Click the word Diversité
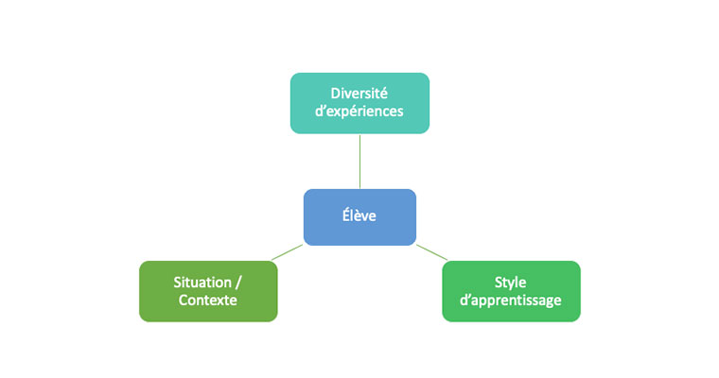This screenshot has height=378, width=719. (360, 93)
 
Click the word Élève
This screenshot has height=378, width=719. (359, 216)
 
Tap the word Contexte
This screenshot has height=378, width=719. (208, 301)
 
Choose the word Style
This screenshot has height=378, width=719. (511, 283)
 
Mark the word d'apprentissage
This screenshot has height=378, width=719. (511, 301)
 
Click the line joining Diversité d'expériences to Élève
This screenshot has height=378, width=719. (359, 161)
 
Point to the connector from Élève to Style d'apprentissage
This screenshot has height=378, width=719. (431, 252)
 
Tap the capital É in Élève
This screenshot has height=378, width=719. (345, 215)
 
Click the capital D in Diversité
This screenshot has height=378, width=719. (336, 93)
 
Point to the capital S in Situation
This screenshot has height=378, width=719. (178, 283)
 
